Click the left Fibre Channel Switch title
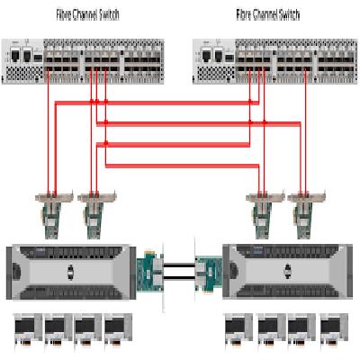(87, 14)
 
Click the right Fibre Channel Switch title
(268, 14)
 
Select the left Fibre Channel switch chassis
(83, 61)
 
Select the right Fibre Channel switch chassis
(275, 61)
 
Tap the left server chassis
(71, 272)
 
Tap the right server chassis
(287, 272)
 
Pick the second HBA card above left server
(96, 214)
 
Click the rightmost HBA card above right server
(306, 214)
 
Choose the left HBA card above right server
(265, 214)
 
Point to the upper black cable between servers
(179, 265)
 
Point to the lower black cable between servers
(179, 278)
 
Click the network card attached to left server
(150, 272)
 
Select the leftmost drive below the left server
(28, 332)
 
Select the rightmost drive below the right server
(334, 332)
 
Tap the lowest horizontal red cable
(182, 166)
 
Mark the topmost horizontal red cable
(157, 103)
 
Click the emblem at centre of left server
(71, 272)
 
